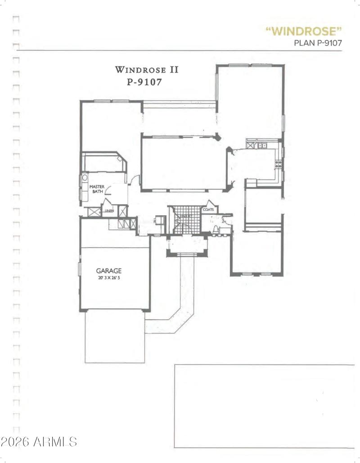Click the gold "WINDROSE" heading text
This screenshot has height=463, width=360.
click(x=303, y=31)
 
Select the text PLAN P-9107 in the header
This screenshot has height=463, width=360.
click(x=318, y=43)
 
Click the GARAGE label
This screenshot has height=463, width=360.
click(x=108, y=271)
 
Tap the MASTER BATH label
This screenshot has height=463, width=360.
click(x=96, y=189)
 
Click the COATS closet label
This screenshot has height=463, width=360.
click(x=208, y=209)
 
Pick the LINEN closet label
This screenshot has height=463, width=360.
click(x=108, y=210)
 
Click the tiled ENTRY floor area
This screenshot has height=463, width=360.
click(x=184, y=220)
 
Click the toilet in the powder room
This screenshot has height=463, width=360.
click(x=216, y=230)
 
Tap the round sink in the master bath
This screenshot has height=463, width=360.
click(x=84, y=178)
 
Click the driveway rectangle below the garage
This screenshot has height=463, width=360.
click(x=115, y=336)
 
